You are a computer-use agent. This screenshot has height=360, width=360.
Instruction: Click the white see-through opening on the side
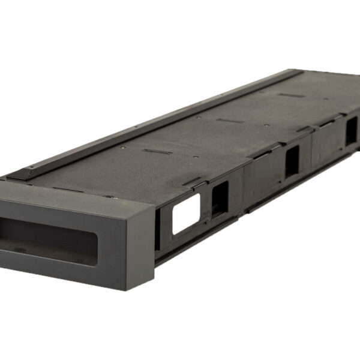(186, 214)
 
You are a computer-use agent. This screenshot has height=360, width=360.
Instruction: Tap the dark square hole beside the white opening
(220, 199)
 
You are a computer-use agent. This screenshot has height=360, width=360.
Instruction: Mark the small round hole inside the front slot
(20, 250)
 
